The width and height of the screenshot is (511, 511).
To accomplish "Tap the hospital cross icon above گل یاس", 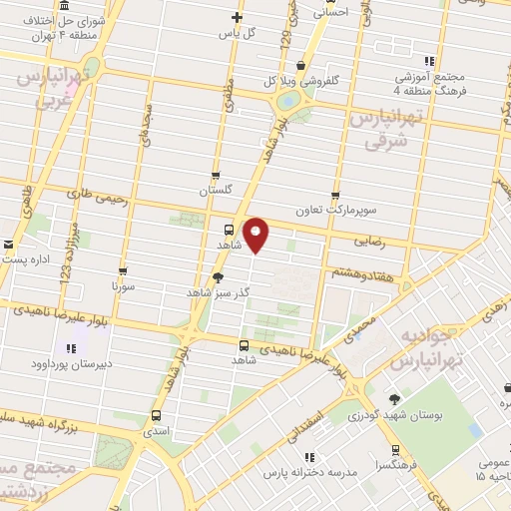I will pos(237,16).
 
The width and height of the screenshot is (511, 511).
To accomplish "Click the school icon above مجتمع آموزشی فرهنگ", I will pos(429,61).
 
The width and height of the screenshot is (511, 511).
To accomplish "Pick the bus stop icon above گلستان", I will pos(216,177).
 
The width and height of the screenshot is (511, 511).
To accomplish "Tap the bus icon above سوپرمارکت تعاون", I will pos(335,196).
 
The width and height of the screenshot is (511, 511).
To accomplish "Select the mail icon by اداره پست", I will pos(9,245).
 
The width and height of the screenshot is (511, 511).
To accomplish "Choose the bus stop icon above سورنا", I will pos(123,270).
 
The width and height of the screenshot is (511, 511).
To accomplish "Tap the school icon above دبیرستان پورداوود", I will pos(71,348).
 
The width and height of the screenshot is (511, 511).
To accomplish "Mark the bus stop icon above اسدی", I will pos(156,414).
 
